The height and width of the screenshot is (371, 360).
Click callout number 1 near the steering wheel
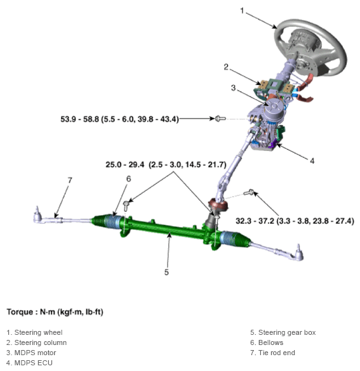tap(242, 11)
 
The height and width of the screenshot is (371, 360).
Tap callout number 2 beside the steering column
tap(225, 67)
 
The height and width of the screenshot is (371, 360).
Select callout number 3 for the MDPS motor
tap(233, 88)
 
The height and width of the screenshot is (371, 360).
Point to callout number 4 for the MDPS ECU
tap(312, 160)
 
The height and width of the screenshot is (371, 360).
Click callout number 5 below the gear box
tap(166, 272)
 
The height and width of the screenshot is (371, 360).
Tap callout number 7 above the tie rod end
tap(70, 180)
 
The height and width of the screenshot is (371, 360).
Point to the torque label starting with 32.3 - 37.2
tap(295, 221)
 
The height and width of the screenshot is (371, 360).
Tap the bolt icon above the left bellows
tap(128, 204)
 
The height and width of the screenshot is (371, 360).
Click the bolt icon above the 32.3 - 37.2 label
tap(251, 193)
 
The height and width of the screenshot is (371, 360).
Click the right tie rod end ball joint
tap(297, 253)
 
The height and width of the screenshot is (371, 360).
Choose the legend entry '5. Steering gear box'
tap(283, 332)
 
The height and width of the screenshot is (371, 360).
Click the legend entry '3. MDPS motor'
tap(31, 353)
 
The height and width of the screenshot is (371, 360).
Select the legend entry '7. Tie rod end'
tap(272, 353)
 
